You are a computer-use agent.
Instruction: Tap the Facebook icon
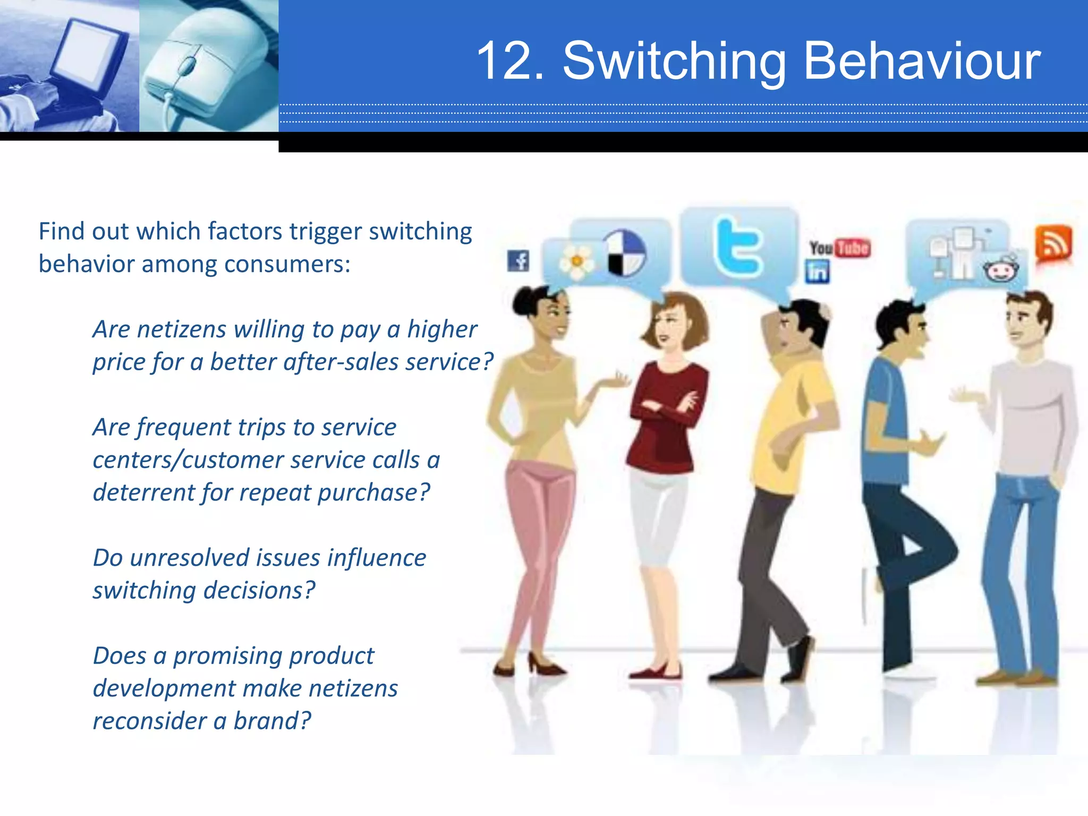tap(518, 260)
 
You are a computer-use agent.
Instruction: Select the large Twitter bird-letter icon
tap(739, 246)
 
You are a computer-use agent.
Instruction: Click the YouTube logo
tap(839, 248)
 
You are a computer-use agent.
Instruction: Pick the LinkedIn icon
tap(817, 272)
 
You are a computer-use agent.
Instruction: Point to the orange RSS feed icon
tap(1053, 244)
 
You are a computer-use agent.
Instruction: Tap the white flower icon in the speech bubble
tap(576, 261)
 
